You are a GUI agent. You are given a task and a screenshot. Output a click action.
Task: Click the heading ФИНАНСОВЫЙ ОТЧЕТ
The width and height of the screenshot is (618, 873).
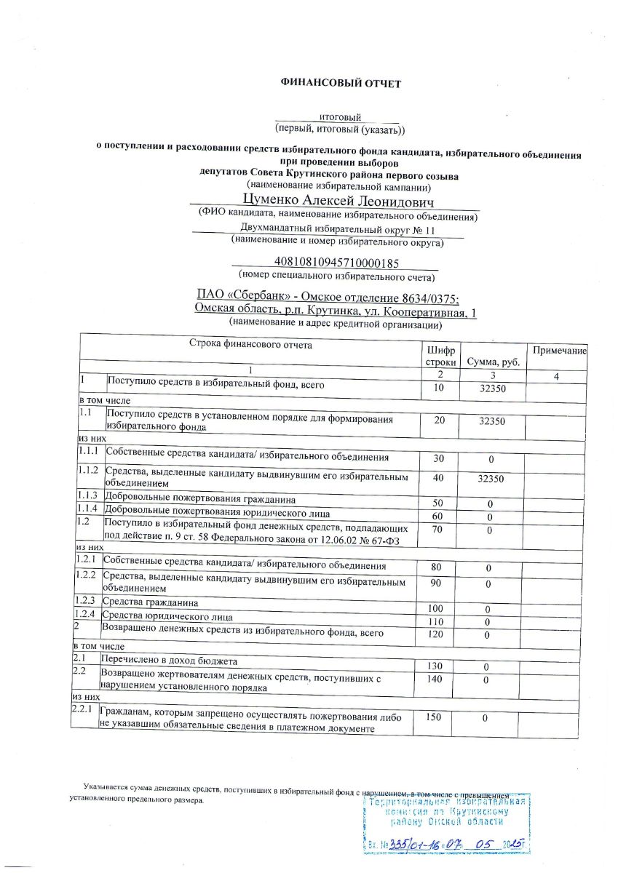click(341, 84)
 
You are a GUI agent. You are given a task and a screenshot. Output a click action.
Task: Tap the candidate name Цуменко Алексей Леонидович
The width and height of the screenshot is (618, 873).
click(337, 199)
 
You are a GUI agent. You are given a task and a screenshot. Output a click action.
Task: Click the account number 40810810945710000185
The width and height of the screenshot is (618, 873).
click(336, 262)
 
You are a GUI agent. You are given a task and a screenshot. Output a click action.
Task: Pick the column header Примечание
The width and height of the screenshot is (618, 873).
click(560, 351)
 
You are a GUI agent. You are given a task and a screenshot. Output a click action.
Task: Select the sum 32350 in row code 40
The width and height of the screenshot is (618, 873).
click(489, 479)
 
